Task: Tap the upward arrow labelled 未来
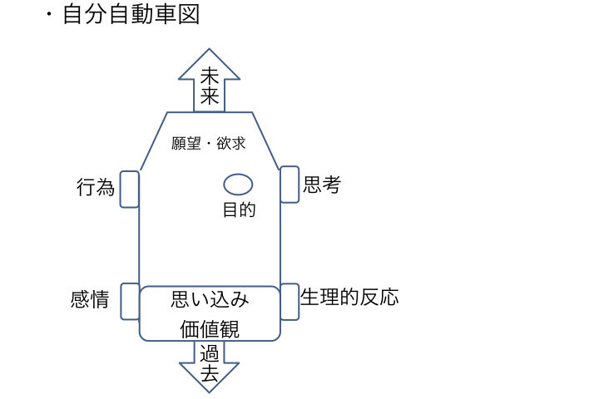pos(210,83)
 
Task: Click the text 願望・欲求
pos(209,143)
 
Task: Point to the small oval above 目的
pos(238,185)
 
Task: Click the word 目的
pos(238,209)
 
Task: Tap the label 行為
pos(95,188)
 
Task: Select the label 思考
pos(322,185)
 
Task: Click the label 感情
pos(90,300)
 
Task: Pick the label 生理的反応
pos(349,298)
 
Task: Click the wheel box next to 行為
pos(130,189)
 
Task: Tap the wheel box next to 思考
pos(290,184)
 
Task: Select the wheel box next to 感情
pos(130,301)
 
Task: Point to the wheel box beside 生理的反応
pos(290,301)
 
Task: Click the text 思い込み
pos(210,299)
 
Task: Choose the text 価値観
pos(210,328)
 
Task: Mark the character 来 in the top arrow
pos(210,97)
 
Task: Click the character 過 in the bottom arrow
pos(210,353)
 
